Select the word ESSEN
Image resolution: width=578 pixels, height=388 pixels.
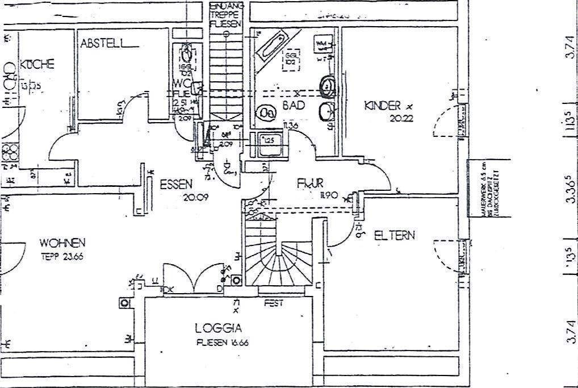(176, 184)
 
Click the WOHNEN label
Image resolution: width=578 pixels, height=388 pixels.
(62, 243)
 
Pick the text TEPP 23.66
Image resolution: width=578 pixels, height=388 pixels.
(62, 256)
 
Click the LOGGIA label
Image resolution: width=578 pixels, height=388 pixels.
(219, 328)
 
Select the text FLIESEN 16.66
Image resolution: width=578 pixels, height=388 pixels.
(223, 343)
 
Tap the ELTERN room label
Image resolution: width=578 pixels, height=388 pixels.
(395, 235)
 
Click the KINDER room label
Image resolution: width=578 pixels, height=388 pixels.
(383, 105)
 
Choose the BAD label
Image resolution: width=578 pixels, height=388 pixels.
(294, 106)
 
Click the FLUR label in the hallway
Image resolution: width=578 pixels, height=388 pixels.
(310, 183)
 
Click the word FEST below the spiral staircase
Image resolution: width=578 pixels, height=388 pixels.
(273, 303)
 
